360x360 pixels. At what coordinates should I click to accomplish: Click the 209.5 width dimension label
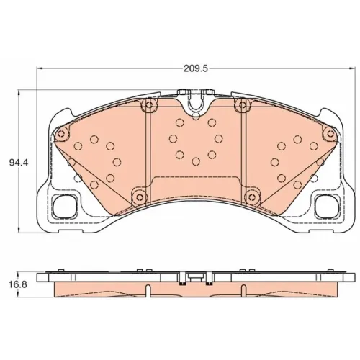[195, 69]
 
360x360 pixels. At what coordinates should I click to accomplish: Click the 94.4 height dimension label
[19, 163]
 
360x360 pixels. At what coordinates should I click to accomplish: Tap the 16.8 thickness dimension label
[18, 285]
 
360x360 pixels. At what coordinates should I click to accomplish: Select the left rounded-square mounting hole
[64, 207]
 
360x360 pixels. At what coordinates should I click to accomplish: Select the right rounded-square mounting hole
[327, 207]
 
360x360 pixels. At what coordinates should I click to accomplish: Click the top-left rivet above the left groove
[149, 105]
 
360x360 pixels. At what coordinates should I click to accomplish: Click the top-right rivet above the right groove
[243, 105]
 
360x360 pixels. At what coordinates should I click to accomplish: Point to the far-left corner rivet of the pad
[61, 133]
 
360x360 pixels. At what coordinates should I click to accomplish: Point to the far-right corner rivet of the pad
[330, 133]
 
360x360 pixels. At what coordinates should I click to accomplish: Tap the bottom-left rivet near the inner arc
[139, 197]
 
